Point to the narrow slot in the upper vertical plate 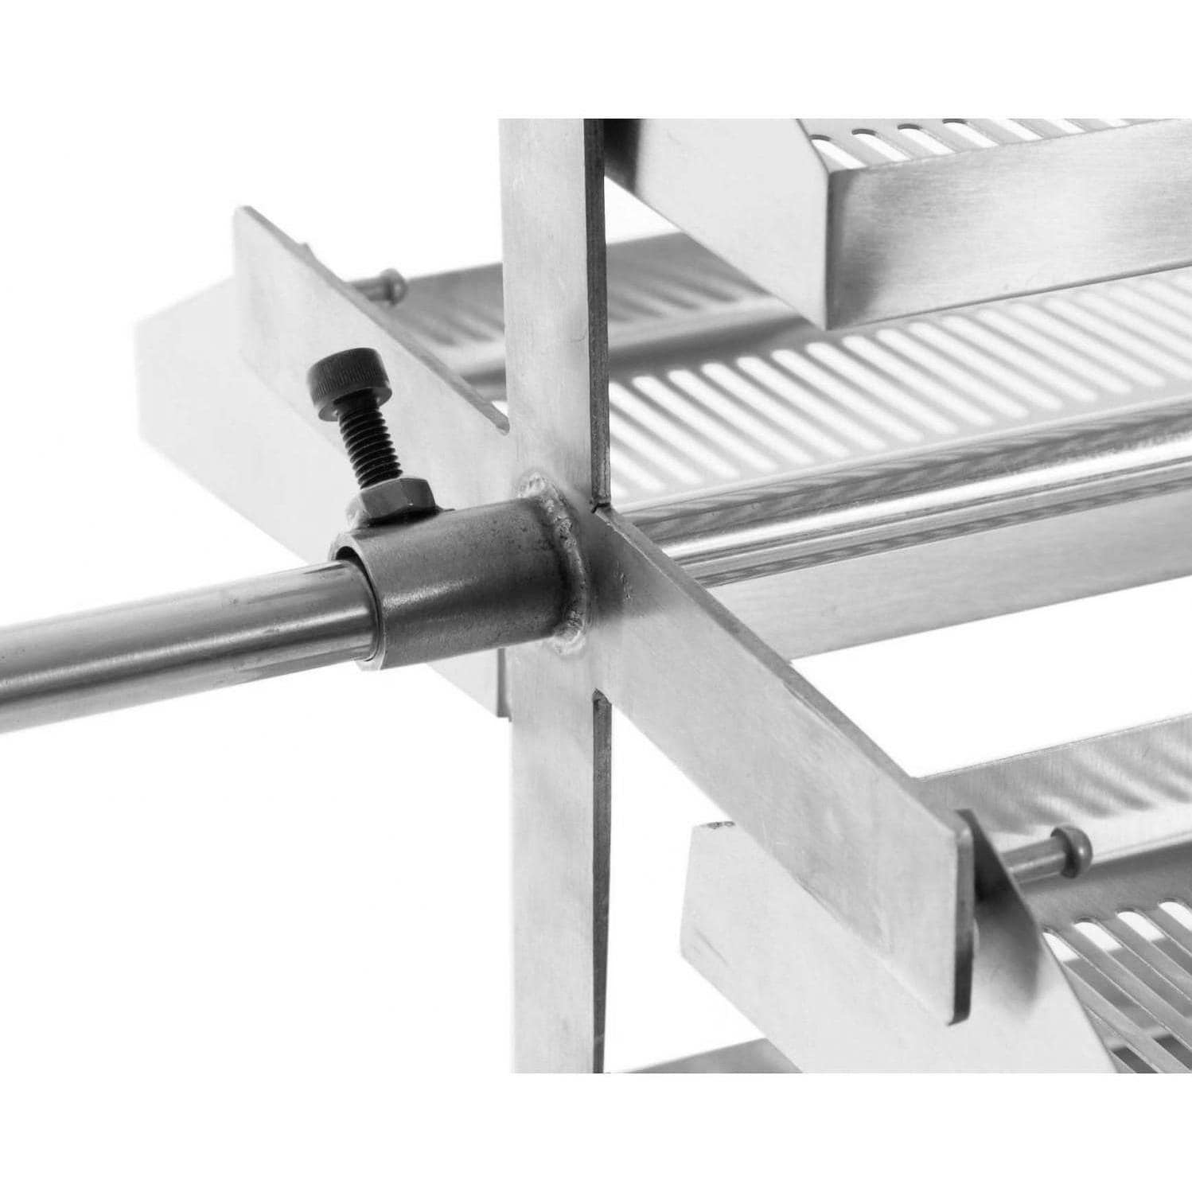click(596, 318)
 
